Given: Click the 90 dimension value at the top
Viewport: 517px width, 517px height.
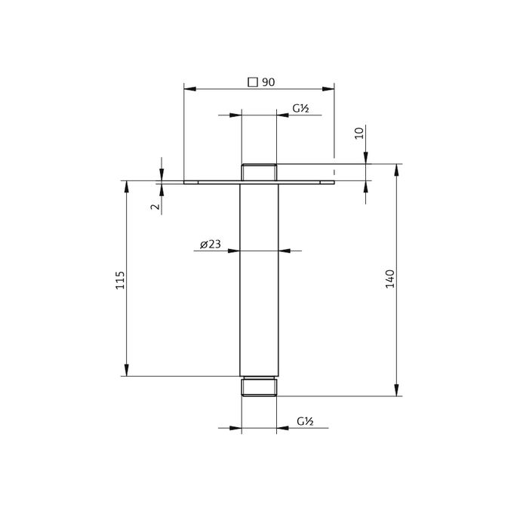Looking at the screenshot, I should pyautogui.click(x=268, y=82).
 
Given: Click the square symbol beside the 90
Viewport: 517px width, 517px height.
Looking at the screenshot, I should pyautogui.click(x=253, y=82).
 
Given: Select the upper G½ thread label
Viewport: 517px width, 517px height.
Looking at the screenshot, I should pyautogui.click(x=301, y=109).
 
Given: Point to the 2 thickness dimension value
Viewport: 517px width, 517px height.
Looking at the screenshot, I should pyautogui.click(x=155, y=206).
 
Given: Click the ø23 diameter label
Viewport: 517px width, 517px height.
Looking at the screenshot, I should pyautogui.click(x=211, y=244).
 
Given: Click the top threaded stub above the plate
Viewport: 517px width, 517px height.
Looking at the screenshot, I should pyautogui.click(x=259, y=172).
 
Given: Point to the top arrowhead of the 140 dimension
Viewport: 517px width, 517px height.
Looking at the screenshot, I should pyautogui.click(x=396, y=168).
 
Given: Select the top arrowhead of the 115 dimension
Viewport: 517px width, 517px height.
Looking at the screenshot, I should pyautogui.click(x=126, y=185).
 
